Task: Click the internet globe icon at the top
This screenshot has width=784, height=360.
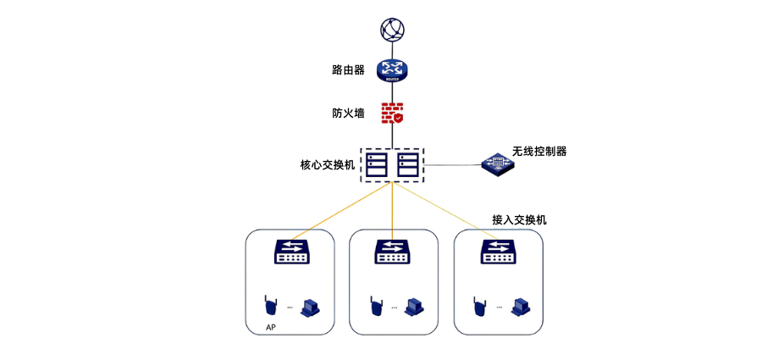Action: coord(392,30)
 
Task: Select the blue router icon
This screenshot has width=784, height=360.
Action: coord(392,70)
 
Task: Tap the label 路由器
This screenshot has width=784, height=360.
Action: coord(348,70)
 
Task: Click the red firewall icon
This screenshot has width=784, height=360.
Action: coord(392,113)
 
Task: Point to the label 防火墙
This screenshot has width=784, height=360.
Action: coord(348,113)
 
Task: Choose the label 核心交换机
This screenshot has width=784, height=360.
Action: coord(327,165)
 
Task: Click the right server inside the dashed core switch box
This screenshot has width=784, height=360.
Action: coord(407,164)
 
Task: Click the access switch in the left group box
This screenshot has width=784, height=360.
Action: coord(292,252)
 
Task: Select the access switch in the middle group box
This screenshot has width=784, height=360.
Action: coord(392,252)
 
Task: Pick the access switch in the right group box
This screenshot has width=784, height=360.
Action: coord(498,252)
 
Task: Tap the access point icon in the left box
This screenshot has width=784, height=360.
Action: coord(270,305)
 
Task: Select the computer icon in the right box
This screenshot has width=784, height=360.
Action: coord(520,305)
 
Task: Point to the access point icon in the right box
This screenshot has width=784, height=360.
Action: coord(479,305)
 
